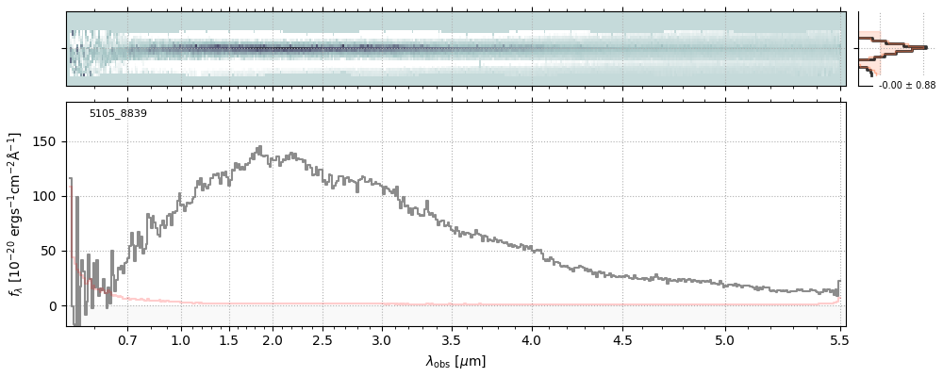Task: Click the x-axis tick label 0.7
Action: coord(127,339)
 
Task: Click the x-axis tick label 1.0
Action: coord(181,339)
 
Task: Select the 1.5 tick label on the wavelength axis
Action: coord(228,339)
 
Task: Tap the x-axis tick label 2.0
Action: coord(273,339)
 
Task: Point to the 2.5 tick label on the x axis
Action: coord(323,339)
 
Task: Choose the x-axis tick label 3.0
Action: coord(381,339)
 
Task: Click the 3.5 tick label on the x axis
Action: coord(451,339)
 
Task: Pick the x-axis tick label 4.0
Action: coord(533,339)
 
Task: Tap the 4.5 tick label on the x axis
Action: coord(624,339)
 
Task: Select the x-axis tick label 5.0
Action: coord(724,339)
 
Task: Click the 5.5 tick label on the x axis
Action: coord(839,339)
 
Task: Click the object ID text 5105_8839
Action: coord(118,114)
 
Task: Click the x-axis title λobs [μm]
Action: coord(455,361)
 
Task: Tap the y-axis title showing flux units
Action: coord(15,215)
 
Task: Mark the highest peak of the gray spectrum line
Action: coord(259,147)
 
